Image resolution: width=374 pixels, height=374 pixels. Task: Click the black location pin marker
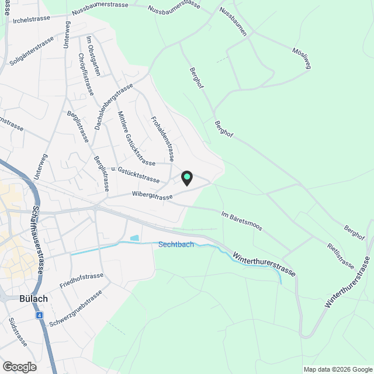187,178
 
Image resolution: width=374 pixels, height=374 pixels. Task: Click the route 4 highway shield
39,315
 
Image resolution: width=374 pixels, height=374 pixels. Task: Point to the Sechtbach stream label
176,244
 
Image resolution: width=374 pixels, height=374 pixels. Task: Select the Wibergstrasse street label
153,195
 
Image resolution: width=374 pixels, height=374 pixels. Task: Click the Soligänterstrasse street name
32,51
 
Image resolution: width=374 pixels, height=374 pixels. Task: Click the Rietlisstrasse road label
341,256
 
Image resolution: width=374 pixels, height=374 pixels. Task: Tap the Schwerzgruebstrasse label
77,308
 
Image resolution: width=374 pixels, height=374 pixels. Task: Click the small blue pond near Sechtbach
135,238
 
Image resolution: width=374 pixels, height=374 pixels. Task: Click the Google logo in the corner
19,367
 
